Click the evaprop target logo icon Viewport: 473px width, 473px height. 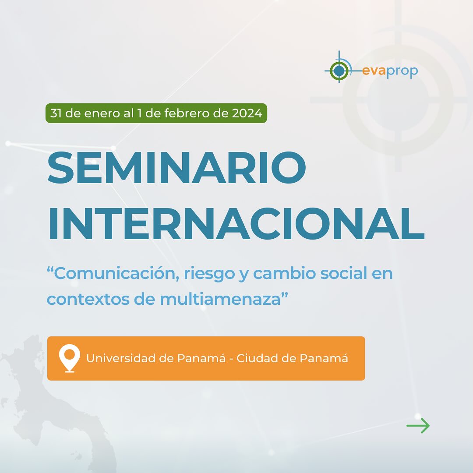[339, 71]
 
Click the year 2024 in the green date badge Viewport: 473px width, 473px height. [247, 113]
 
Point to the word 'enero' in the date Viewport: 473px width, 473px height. [102, 113]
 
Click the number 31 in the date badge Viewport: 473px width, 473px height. [56, 113]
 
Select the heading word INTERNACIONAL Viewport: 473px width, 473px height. [236, 223]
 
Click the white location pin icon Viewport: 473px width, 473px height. [70, 358]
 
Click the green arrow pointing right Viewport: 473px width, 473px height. [418, 426]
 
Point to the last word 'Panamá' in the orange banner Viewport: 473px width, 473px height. [324, 358]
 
